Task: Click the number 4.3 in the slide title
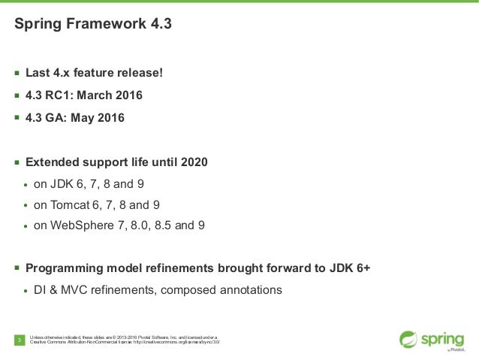click(x=159, y=24)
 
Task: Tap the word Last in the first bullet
click(x=39, y=74)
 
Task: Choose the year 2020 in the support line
click(x=192, y=162)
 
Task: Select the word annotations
click(x=247, y=290)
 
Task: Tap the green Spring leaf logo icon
click(x=408, y=339)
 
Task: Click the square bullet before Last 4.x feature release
click(x=17, y=74)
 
